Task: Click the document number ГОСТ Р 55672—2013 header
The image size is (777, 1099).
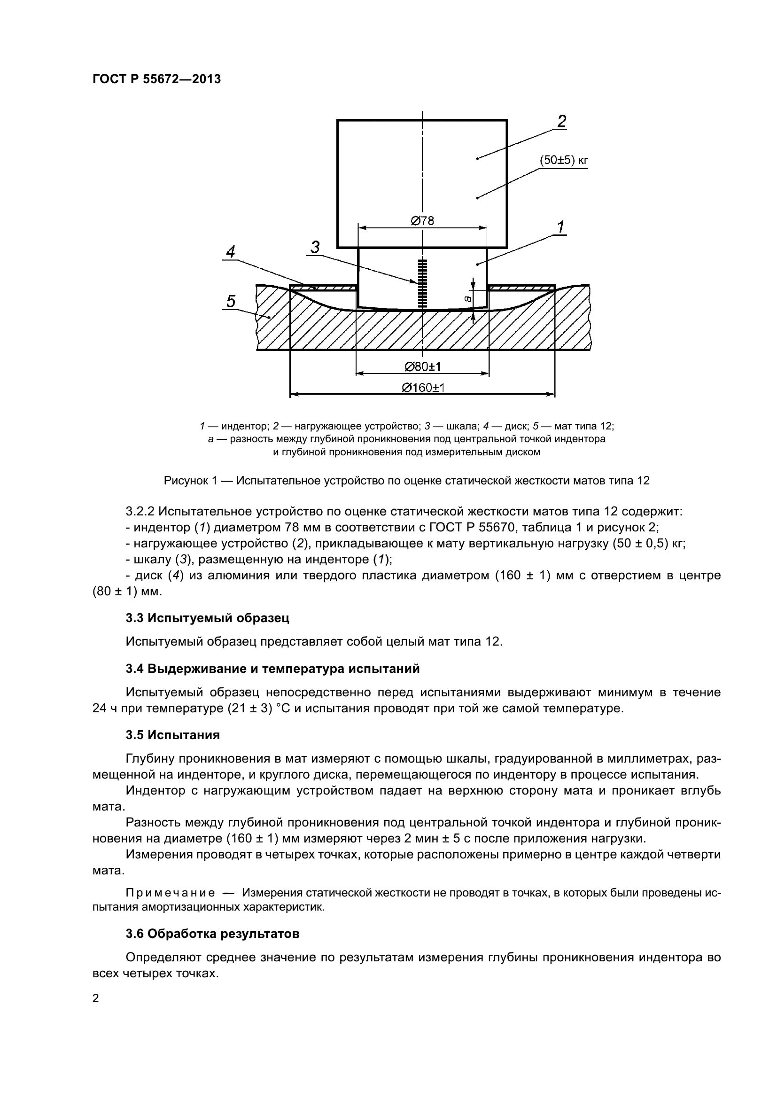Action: (x=156, y=79)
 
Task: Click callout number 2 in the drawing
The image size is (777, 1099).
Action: (x=562, y=122)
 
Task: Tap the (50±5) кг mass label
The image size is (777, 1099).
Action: (x=564, y=160)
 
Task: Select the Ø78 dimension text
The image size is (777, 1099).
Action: (x=422, y=221)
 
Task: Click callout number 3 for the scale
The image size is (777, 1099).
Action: (x=315, y=248)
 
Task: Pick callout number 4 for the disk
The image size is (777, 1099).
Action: (x=231, y=252)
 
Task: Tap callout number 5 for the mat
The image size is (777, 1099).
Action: (x=231, y=302)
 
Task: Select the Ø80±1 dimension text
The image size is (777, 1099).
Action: (x=422, y=366)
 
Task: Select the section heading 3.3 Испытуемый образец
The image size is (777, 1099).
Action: (x=208, y=618)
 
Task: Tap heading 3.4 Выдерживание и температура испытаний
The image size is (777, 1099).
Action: (x=273, y=669)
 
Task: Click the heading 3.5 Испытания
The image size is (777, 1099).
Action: (x=173, y=735)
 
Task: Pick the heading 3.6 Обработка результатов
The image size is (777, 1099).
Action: (x=213, y=934)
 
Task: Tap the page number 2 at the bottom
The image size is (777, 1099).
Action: (x=96, y=998)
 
